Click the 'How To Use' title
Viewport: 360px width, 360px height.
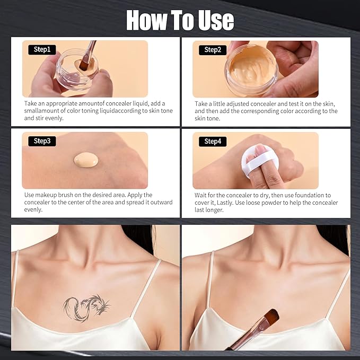pyautogui.click(x=180, y=20)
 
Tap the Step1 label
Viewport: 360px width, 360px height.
pyautogui.click(x=42, y=49)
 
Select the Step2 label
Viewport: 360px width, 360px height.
pyautogui.click(x=213, y=50)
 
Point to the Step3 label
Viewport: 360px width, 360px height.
pyautogui.click(x=42, y=141)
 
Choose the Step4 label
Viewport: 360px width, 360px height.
pyautogui.click(x=213, y=142)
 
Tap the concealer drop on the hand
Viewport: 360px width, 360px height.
pyautogui.click(x=86, y=160)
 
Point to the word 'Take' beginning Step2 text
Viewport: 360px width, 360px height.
pyautogui.click(x=201, y=103)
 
